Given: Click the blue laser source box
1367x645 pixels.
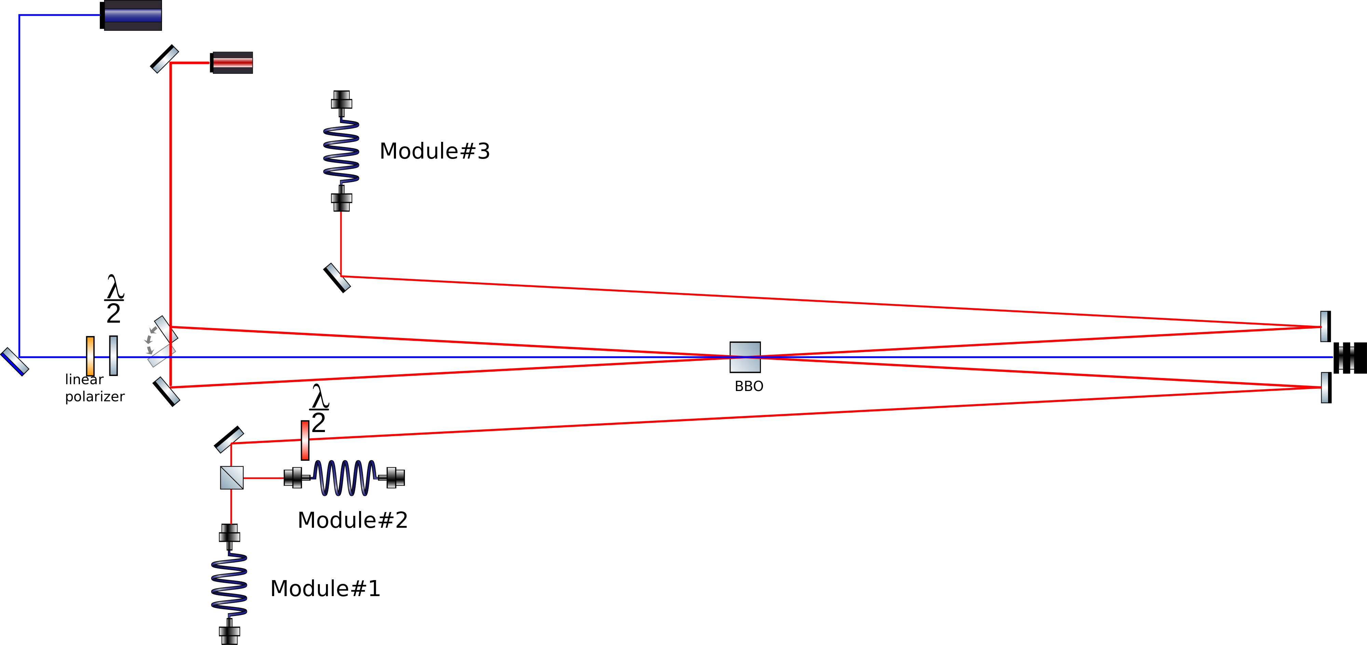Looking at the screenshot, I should pos(132,15).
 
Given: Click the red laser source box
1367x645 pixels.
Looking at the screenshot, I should pos(232,63).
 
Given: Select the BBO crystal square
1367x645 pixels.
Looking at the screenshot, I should pos(745,357).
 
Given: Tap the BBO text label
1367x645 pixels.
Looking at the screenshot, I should pos(749,387).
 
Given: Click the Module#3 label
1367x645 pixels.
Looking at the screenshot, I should pos(435,151).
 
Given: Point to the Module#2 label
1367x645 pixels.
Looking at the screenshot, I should pos(352,520).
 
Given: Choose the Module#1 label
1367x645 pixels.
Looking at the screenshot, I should pos(325,589).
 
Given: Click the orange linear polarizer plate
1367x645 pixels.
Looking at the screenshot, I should pos(90,356).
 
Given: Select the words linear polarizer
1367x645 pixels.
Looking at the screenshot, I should pos(94,388).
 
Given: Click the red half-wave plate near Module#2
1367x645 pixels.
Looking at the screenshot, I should pos(305,440).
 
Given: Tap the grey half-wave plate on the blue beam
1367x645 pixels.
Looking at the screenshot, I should pos(113,356).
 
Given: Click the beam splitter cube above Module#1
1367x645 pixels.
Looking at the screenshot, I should pos(232,478).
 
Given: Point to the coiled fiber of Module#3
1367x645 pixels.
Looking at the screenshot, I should pos(341,151).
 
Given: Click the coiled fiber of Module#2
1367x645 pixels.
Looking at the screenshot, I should pos(345,478).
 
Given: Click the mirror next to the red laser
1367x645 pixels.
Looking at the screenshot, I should pos(164,59).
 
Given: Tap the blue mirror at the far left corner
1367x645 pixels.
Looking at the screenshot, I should pos(15,362).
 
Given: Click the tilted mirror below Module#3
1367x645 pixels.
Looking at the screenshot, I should pos(337,278).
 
